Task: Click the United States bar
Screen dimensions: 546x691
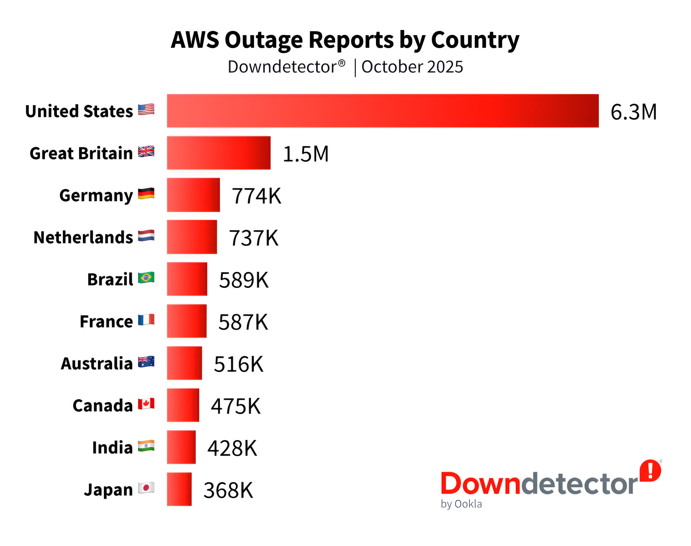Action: point(383,111)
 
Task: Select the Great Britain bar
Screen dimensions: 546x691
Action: point(219,153)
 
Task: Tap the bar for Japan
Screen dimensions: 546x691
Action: point(179,489)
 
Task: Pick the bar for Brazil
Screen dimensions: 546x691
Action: point(187,279)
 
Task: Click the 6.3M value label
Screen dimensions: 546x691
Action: point(633,112)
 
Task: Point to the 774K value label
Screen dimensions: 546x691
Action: point(256,196)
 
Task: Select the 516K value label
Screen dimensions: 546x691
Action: point(238,364)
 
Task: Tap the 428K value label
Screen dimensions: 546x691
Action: point(232,448)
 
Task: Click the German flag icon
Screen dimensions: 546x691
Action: point(146,194)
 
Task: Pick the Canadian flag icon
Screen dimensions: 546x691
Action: point(146,404)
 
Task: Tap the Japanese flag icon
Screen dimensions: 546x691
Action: point(146,488)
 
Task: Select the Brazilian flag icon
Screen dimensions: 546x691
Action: point(146,278)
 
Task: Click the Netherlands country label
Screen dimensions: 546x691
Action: point(83,237)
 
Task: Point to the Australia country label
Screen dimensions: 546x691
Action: point(96,363)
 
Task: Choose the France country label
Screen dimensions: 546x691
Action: point(106,321)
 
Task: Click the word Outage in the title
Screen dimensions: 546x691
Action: point(263,40)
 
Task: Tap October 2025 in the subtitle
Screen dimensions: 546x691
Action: point(412,67)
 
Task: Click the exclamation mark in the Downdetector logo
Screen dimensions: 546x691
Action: point(650,470)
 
